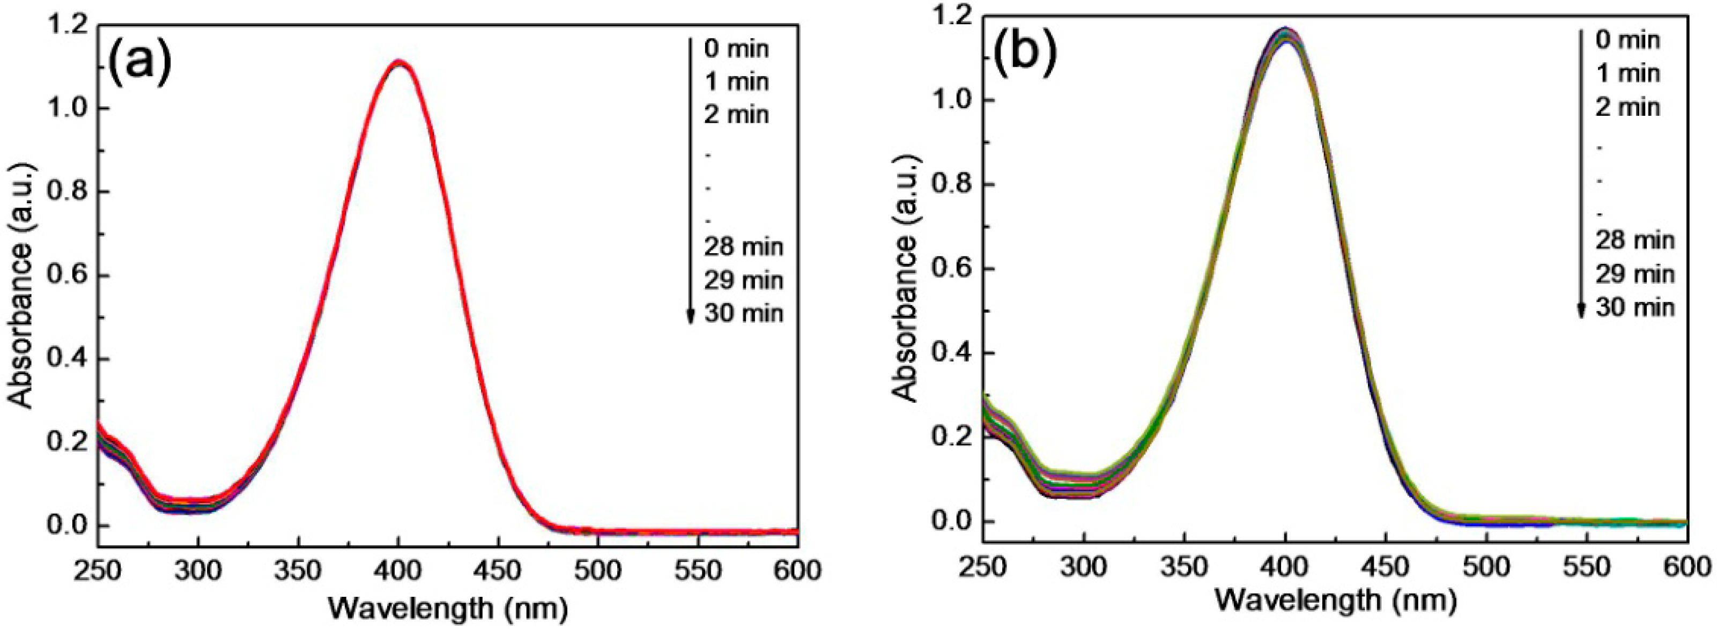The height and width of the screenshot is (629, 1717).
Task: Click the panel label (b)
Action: pos(1025,55)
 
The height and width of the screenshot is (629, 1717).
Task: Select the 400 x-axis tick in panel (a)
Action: pos(398,571)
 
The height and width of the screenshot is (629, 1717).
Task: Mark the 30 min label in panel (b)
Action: pos(1634,307)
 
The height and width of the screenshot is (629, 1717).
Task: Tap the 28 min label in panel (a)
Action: pos(743,247)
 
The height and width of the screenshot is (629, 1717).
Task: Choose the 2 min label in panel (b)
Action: pos(1627,107)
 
